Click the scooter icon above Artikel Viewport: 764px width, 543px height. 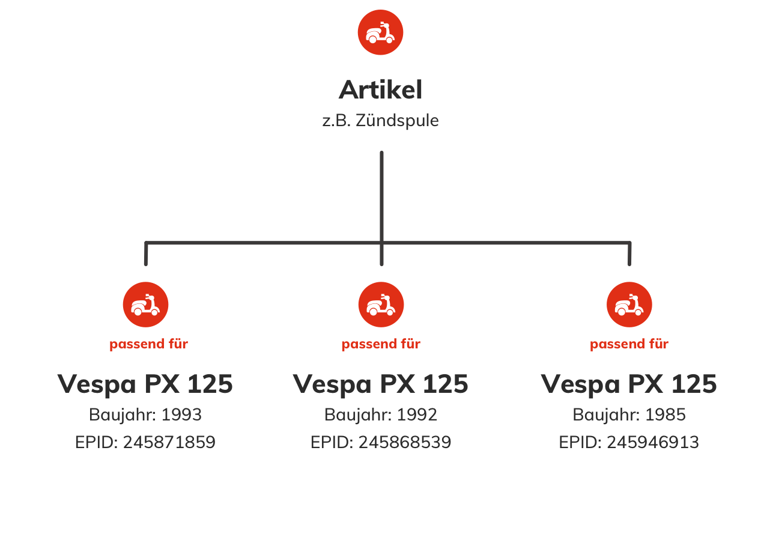click(380, 32)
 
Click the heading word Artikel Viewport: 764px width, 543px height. click(381, 90)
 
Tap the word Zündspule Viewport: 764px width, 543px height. click(397, 121)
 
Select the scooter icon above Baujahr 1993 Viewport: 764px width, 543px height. click(145, 305)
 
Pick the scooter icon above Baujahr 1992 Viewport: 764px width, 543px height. click(381, 305)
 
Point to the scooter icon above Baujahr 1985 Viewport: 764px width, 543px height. click(629, 305)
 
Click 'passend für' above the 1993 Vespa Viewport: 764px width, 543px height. click(148, 344)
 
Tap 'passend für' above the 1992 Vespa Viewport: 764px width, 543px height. click(381, 344)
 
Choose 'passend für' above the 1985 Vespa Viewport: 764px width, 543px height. click(629, 344)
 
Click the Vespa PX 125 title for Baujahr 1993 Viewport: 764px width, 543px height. click(145, 384)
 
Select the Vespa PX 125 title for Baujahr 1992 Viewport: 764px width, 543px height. click(381, 384)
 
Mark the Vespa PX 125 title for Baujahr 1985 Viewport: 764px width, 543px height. click(629, 384)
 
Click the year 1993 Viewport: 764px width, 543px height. click(181, 415)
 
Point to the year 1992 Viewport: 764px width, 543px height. click(417, 415)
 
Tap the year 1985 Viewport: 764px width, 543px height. click(665, 415)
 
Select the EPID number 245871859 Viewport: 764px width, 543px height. click(169, 443)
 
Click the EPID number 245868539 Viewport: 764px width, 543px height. click(405, 443)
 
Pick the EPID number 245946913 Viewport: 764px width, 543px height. click(652, 443)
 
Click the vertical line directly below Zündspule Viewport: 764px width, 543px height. click(381, 192)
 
